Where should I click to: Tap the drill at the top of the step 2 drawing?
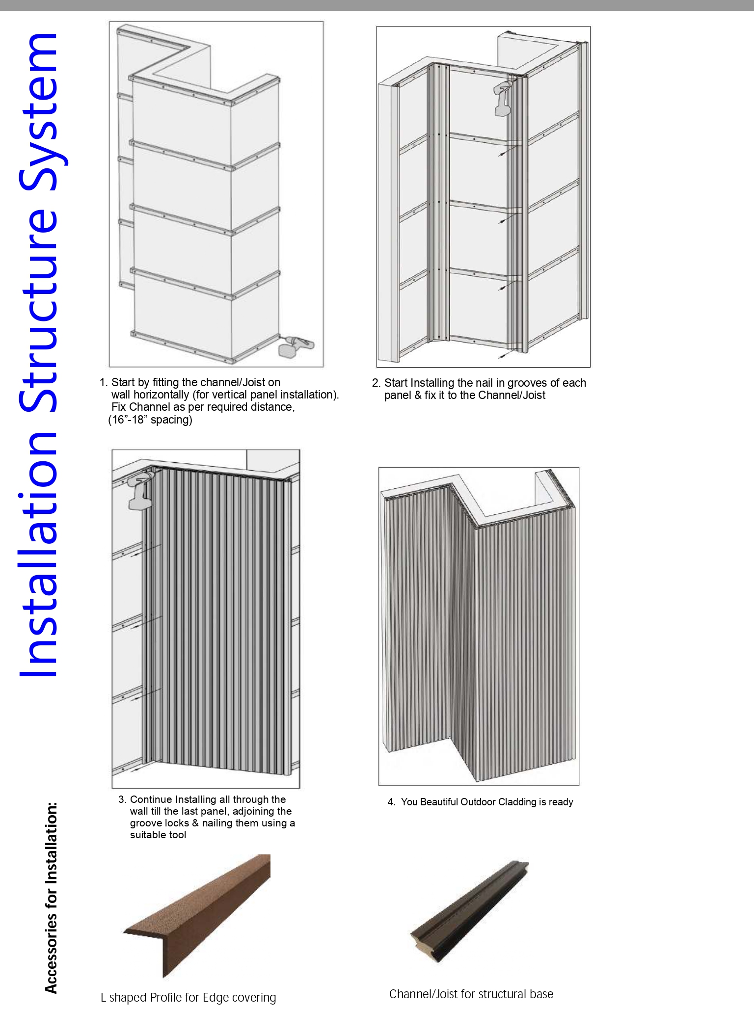[x=503, y=98]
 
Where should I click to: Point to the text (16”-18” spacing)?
[x=150, y=420]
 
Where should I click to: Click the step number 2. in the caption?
[x=376, y=383]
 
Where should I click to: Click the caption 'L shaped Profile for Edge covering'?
[x=188, y=998]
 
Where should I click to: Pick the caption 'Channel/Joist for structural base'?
[x=471, y=994]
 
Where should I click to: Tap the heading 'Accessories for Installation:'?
[x=51, y=898]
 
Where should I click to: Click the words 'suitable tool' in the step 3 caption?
[x=158, y=835]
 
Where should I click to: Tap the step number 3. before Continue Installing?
[x=122, y=799]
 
